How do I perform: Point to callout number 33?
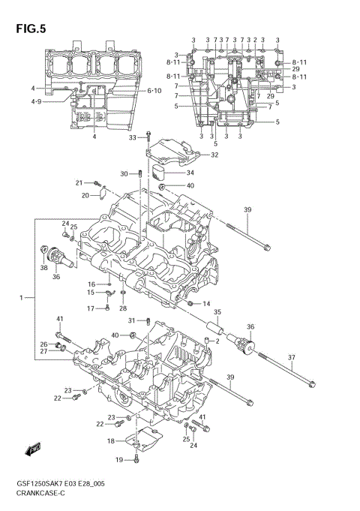(x=133, y=137)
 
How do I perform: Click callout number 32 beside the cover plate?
(x=214, y=155)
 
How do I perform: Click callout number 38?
(x=43, y=268)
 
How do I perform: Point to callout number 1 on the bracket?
(x=22, y=298)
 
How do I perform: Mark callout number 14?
(x=206, y=303)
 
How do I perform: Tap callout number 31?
(x=130, y=321)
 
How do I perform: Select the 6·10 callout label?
(x=154, y=91)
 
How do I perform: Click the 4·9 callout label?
(x=35, y=101)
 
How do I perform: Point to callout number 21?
(x=78, y=183)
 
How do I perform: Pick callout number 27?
(x=43, y=351)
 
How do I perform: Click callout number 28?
(x=123, y=308)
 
